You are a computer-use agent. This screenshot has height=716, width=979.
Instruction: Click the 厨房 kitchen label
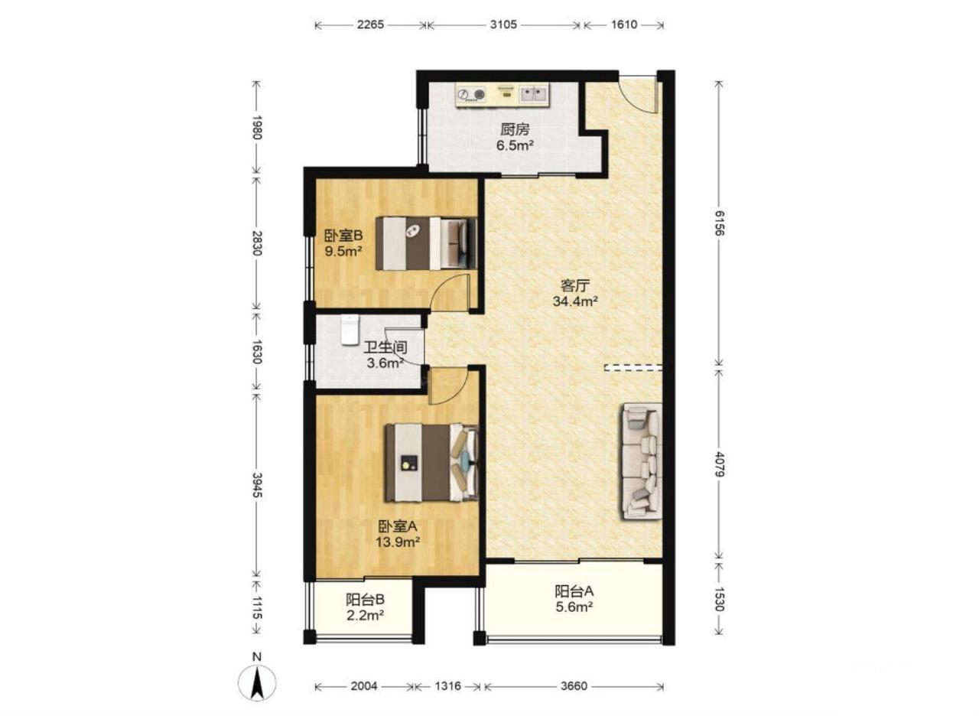(x=515, y=129)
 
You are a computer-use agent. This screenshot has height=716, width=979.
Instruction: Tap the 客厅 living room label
(x=575, y=285)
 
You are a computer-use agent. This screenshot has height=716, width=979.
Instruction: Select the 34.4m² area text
(x=575, y=301)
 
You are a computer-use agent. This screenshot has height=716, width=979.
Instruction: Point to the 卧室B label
(x=343, y=236)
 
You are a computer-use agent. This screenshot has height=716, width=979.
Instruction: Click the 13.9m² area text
(x=398, y=542)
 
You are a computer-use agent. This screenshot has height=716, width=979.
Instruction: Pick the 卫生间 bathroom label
(x=386, y=347)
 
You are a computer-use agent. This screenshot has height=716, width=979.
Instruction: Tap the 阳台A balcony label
(x=574, y=591)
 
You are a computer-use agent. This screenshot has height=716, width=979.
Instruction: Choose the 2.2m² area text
(x=366, y=616)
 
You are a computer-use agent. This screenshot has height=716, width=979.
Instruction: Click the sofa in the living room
(x=640, y=461)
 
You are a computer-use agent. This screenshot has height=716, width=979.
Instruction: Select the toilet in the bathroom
(x=350, y=330)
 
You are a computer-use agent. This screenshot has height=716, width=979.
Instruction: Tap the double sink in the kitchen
(x=535, y=94)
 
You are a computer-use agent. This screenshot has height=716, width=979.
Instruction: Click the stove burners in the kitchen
(x=471, y=94)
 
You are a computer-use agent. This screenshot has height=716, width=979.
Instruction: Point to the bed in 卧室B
(x=426, y=243)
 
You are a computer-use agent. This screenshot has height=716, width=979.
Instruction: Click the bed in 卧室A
(x=432, y=463)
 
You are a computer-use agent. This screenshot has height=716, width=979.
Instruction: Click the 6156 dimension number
(x=718, y=223)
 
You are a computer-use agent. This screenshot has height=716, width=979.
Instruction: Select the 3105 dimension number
(x=503, y=24)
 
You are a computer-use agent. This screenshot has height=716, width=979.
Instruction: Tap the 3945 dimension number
(x=257, y=485)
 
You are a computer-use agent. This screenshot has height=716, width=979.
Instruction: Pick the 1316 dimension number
(x=448, y=686)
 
